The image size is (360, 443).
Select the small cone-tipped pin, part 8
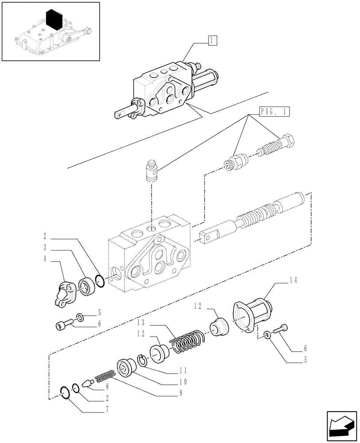pos(87,382)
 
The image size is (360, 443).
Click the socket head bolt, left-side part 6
pos(64,325)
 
